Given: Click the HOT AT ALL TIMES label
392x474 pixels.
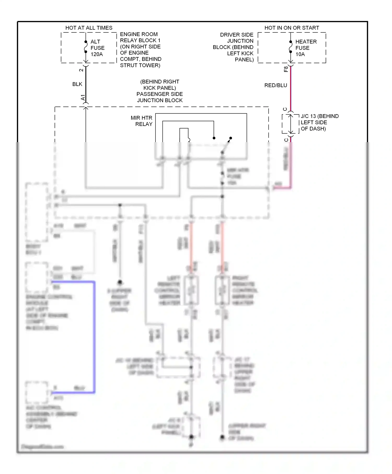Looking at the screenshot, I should coord(89,28).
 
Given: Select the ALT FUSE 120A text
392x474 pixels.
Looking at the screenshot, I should coord(97,48).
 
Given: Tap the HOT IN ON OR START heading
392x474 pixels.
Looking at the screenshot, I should coord(292,28).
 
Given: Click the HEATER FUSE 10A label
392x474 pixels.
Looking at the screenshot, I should coord(305,48).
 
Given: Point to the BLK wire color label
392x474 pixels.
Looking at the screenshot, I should coord(77,84).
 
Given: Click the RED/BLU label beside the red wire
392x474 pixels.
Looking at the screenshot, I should coord(275,85).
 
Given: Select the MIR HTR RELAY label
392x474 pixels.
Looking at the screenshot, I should coord(142,121).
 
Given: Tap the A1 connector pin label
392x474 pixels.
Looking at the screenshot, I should coord(83,98).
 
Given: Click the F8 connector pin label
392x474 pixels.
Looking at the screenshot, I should coord(286,69).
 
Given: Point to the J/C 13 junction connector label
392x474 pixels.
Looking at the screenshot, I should coord(319,122).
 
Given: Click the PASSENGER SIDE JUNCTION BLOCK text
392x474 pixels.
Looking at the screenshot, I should coord(160,91).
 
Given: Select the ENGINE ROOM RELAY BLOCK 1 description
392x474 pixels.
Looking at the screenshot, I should coord(140,50).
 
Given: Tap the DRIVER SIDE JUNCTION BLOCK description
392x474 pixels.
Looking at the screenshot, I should coord(233,47).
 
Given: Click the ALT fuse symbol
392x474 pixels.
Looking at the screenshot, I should coord(86,47).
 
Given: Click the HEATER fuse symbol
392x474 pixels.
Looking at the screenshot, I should coord(291,47).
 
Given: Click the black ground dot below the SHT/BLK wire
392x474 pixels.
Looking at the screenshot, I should coord(120,282).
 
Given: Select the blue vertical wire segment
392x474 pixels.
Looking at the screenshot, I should coord(94,337).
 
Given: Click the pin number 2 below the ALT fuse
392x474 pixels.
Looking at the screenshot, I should coord(81,70).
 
